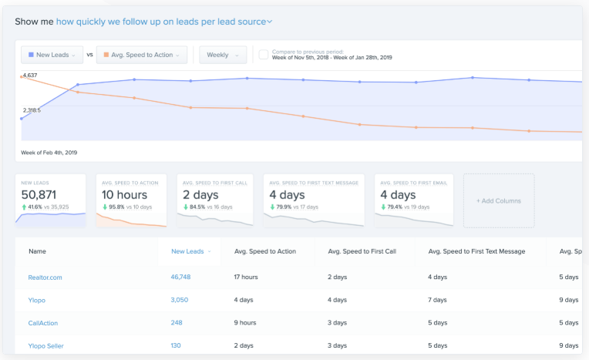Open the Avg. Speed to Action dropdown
coord(144,55)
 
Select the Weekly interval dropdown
coord(223,55)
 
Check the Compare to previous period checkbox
coord(264,55)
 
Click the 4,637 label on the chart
coord(30,76)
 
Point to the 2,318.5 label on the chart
coord(32,110)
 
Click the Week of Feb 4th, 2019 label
coord(49,153)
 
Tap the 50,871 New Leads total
coord(39,195)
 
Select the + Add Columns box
coord(498,200)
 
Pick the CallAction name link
coord(43,323)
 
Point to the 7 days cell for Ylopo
coord(438,299)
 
